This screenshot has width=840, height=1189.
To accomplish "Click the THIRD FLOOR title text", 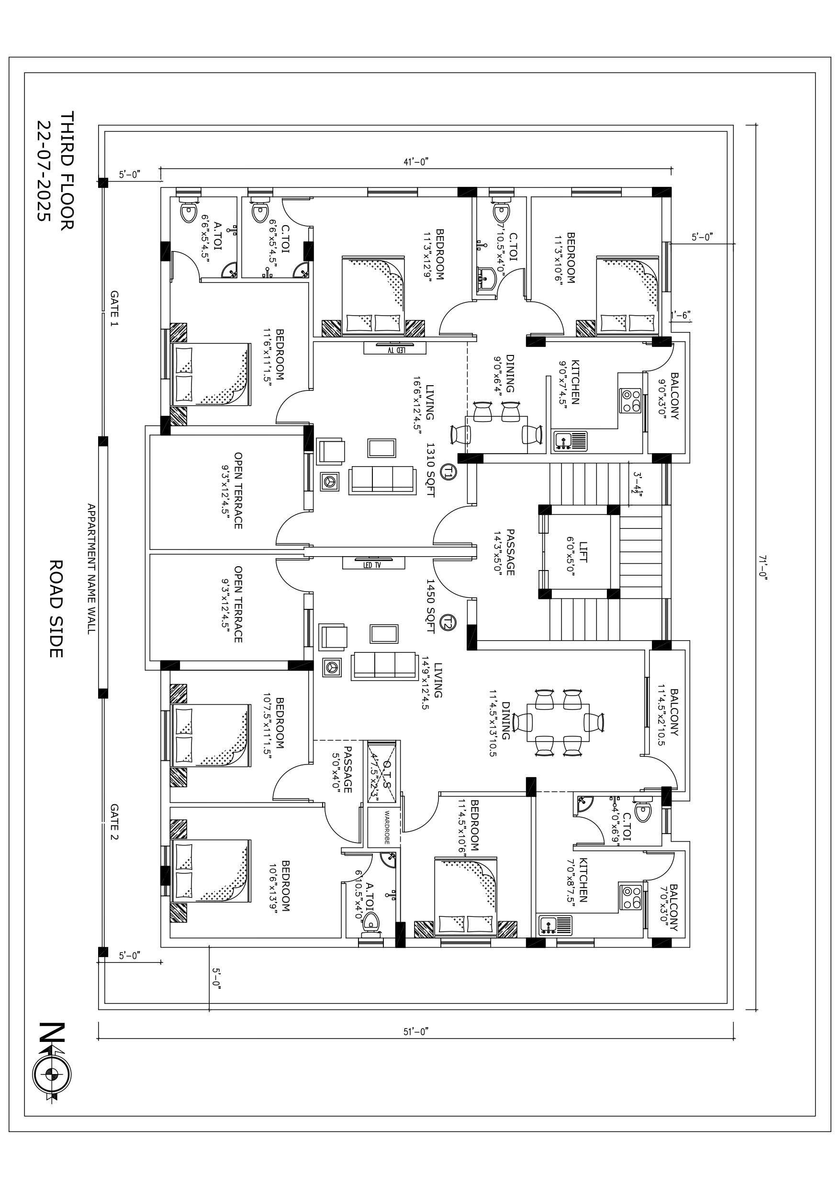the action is pos(67,171).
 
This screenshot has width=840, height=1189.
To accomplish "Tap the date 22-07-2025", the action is pos(44,171).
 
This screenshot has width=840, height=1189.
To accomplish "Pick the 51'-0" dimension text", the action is pos(416,1031).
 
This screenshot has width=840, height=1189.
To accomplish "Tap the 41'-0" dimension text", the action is pos(416,161).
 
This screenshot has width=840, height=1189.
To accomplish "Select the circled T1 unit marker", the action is pos(448,471).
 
